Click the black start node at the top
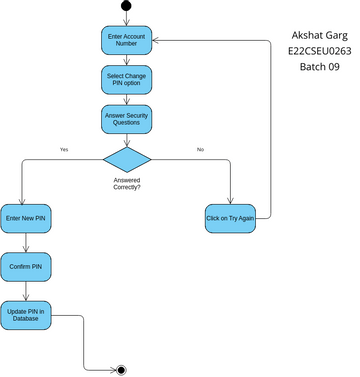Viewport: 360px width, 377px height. (126, 6)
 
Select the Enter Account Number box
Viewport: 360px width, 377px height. (126, 41)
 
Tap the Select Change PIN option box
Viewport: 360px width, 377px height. (126, 79)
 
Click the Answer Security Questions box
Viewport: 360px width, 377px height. (126, 118)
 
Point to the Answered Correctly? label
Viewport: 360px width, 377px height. (126, 183)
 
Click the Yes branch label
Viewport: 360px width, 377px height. (64, 150)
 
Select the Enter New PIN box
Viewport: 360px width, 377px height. (26, 218)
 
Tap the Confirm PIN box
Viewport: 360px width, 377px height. (26, 267)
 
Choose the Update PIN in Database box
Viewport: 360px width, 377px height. (26, 317)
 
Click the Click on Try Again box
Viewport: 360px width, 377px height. (230, 218)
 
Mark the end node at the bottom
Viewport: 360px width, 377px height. (121, 370)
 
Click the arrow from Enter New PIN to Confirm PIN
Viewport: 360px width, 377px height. (26, 243)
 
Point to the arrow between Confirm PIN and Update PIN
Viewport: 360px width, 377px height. (26, 292)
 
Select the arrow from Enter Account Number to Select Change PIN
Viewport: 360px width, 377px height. (126, 60)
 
